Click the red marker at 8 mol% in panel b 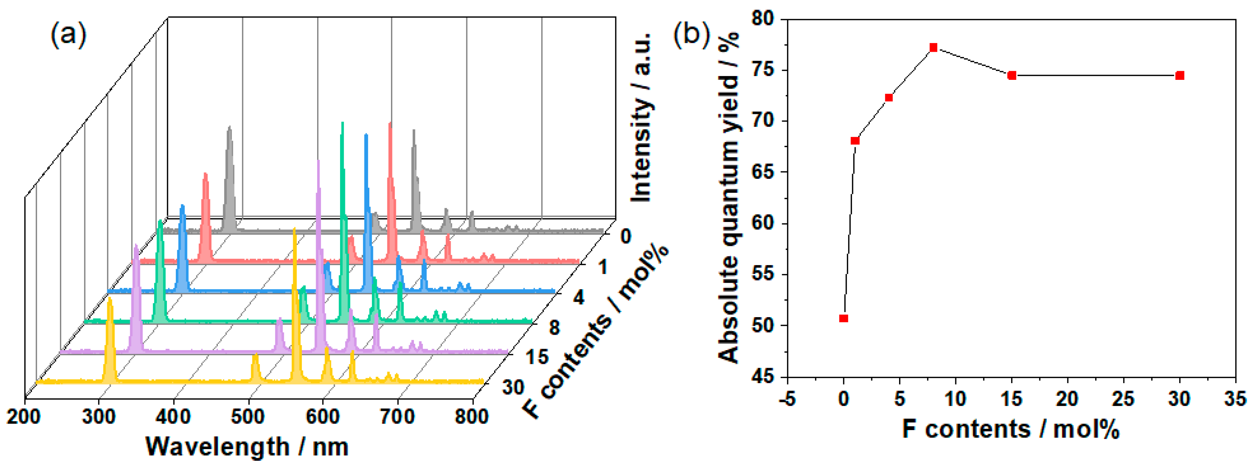933,47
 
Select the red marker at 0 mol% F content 844,318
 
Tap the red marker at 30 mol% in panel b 1180,76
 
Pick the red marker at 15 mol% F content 1012,76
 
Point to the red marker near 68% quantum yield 855,141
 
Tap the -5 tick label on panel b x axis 787,399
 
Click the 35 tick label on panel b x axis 1235,399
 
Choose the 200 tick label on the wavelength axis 23,417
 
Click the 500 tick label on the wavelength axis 248,417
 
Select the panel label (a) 68,34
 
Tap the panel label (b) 691,34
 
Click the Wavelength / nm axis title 247,446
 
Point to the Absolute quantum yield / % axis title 728,198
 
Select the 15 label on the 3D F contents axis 537,357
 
